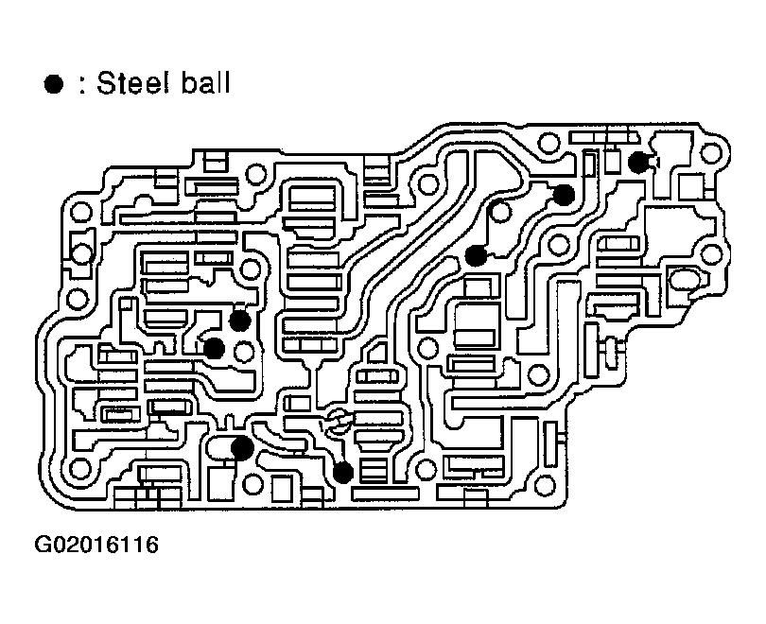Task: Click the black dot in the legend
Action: pyautogui.click(x=54, y=84)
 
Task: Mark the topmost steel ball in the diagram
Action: pyautogui.click(x=639, y=162)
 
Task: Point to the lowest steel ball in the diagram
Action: pyautogui.click(x=343, y=471)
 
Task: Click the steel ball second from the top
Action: pyautogui.click(x=564, y=195)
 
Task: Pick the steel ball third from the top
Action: pyautogui.click(x=476, y=254)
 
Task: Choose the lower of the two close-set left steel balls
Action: pyautogui.click(x=215, y=348)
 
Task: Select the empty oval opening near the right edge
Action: pyautogui.click(x=682, y=280)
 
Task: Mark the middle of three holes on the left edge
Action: pyautogui.click(x=81, y=253)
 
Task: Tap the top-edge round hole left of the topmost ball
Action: pyautogui.click(x=548, y=145)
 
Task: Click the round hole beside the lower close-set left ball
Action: pyautogui.click(x=245, y=353)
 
